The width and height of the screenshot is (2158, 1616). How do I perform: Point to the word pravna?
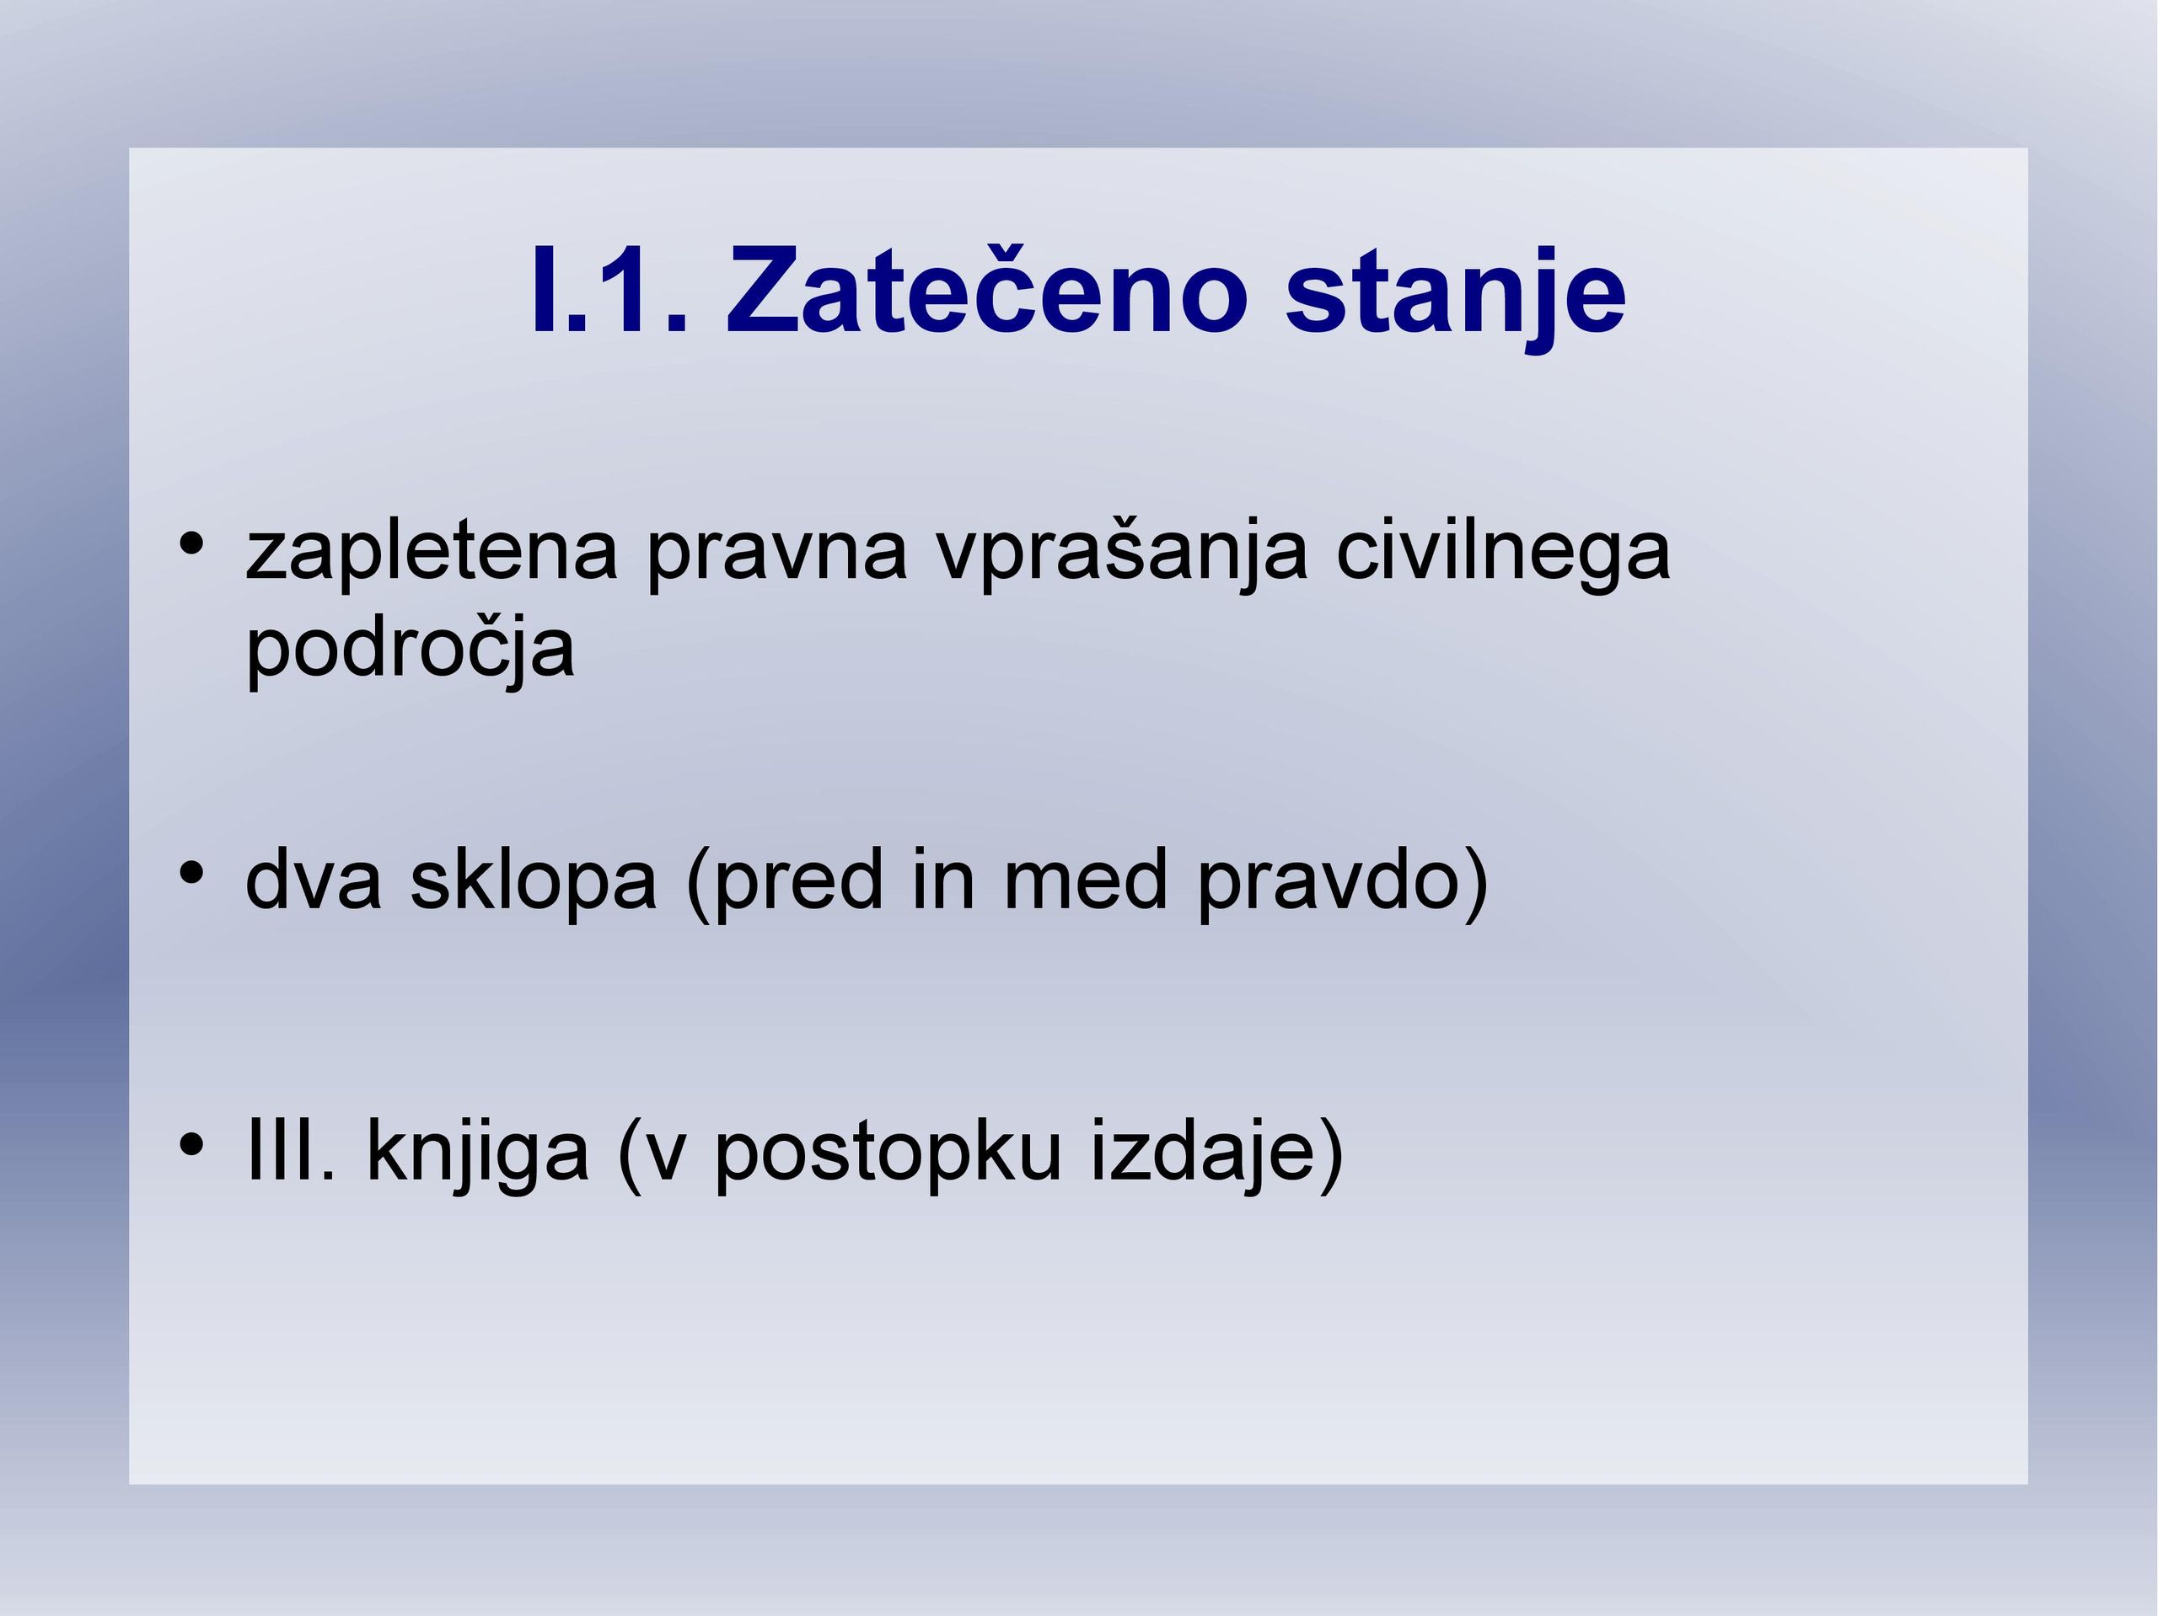click(x=776, y=554)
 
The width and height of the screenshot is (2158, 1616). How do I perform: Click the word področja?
click(x=410, y=649)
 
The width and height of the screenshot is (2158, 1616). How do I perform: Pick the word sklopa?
click(x=533, y=885)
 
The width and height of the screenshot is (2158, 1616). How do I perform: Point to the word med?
click(x=1085, y=880)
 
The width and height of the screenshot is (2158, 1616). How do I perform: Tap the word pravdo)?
click(x=1342, y=885)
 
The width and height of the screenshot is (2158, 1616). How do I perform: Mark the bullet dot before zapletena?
click(x=191, y=543)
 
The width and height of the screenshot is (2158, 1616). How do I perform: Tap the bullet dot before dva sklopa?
click(x=191, y=871)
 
